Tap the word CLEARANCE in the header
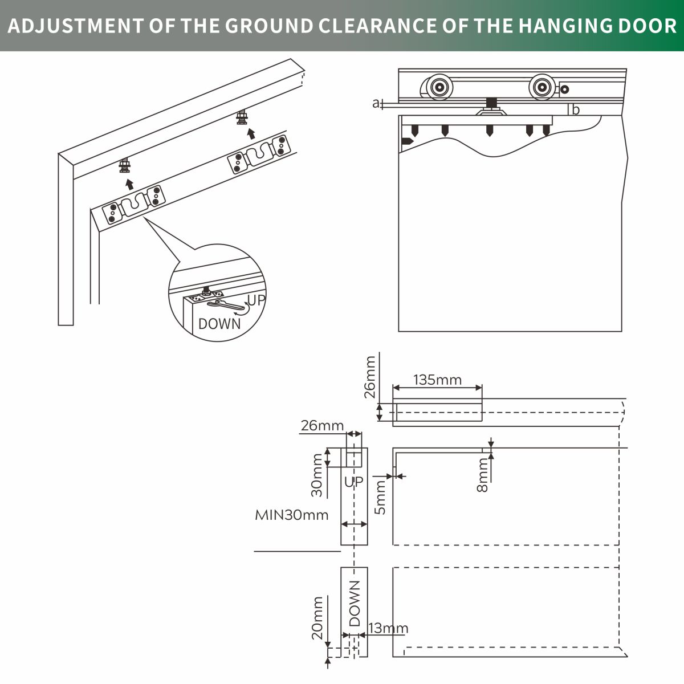coord(377,26)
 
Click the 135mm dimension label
coord(437,380)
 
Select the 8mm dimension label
coord(482,475)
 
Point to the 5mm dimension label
coord(380,497)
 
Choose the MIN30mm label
coord(291,515)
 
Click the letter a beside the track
coord(376,103)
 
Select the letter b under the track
coord(576,109)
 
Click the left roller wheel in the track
coord(439,87)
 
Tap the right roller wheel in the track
coord(542,87)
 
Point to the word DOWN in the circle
coord(219,324)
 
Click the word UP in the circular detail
coord(256,300)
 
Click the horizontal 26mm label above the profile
coord(322,426)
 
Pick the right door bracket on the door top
coord(259,154)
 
